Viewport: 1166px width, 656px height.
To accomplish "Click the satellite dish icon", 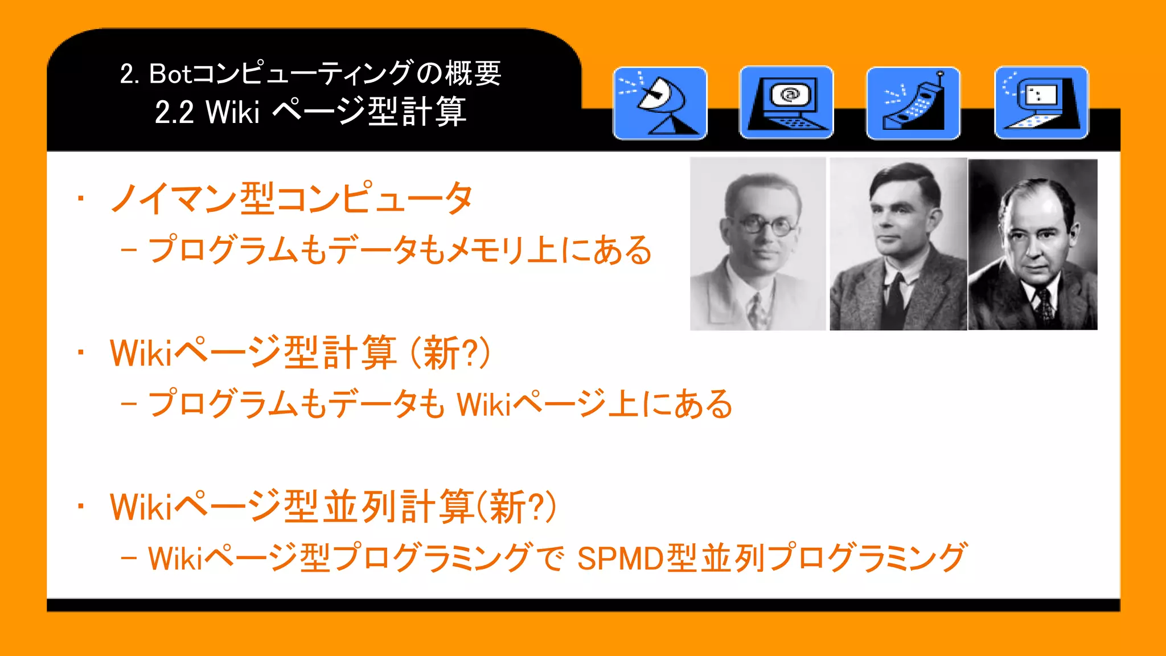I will (660, 103).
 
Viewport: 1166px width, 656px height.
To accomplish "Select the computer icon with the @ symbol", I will (786, 102).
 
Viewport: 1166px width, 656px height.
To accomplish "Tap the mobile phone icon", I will (913, 103).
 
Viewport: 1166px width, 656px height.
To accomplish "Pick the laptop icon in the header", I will (1041, 102).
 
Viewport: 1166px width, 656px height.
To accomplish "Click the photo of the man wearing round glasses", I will (758, 244).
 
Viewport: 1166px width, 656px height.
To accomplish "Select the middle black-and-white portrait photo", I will (898, 244).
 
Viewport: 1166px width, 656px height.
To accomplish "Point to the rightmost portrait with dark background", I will (1033, 244).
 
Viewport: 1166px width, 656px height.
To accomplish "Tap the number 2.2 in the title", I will (174, 112).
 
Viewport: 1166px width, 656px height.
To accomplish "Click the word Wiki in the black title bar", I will (232, 112).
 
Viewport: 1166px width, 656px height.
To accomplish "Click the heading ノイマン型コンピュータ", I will (291, 199).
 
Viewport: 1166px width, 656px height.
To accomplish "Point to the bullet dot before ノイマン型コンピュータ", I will (81, 199).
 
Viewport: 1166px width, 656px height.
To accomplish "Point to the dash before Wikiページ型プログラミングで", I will (129, 559).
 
